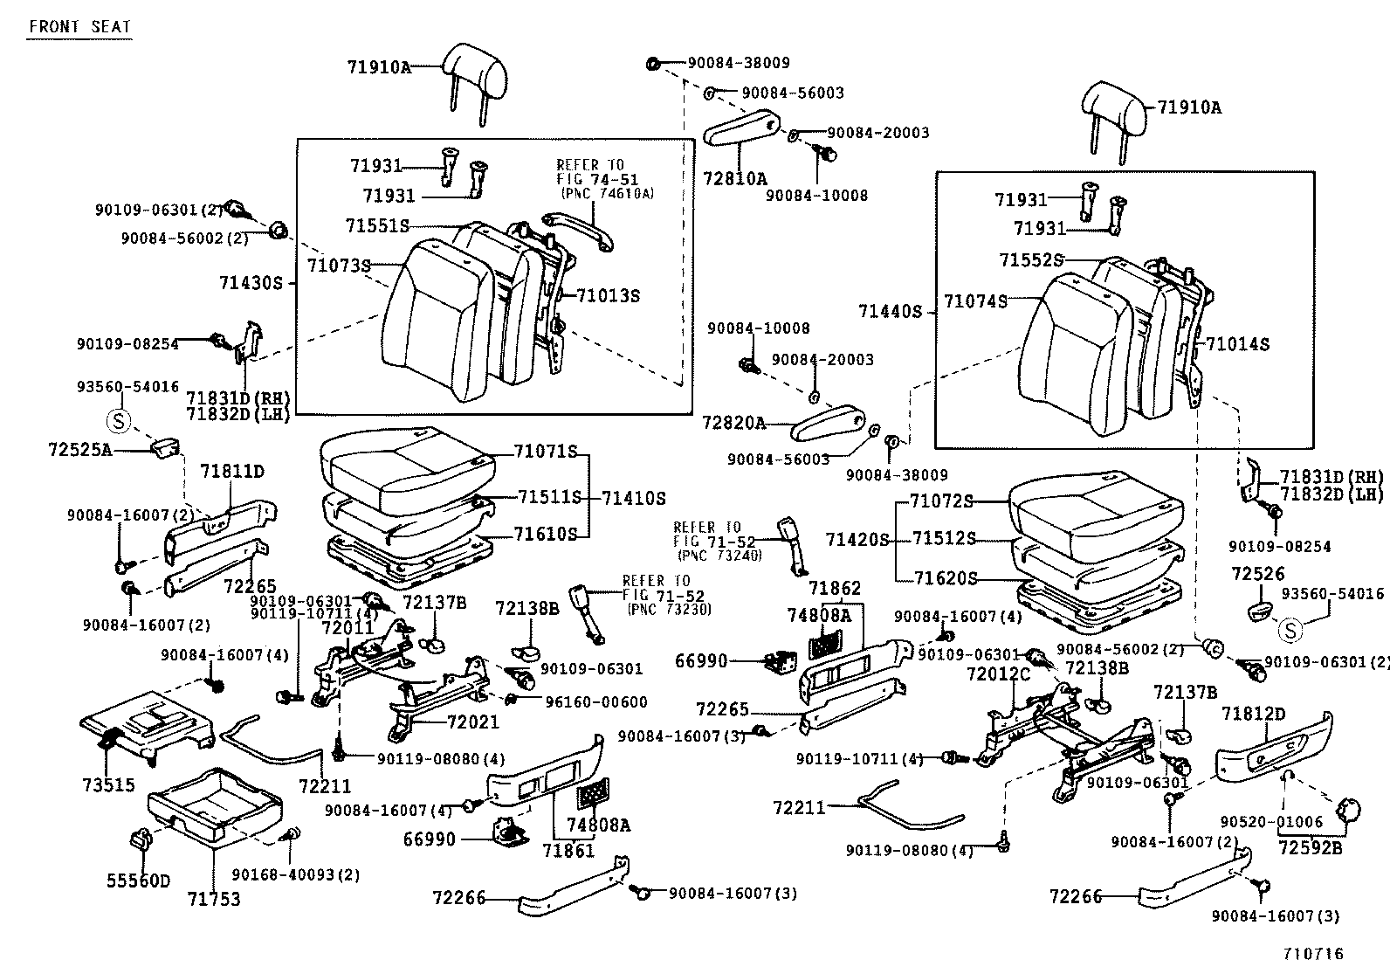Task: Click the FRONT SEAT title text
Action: (79, 26)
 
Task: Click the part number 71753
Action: (214, 899)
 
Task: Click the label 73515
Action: (109, 785)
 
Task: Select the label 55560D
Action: (139, 881)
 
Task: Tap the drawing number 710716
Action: (1313, 954)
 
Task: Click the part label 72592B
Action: (1310, 846)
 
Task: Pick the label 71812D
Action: (1253, 714)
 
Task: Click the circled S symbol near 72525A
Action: (118, 422)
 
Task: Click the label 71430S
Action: (251, 282)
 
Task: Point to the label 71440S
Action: (890, 311)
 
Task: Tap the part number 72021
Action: (472, 722)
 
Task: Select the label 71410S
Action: (633, 498)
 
